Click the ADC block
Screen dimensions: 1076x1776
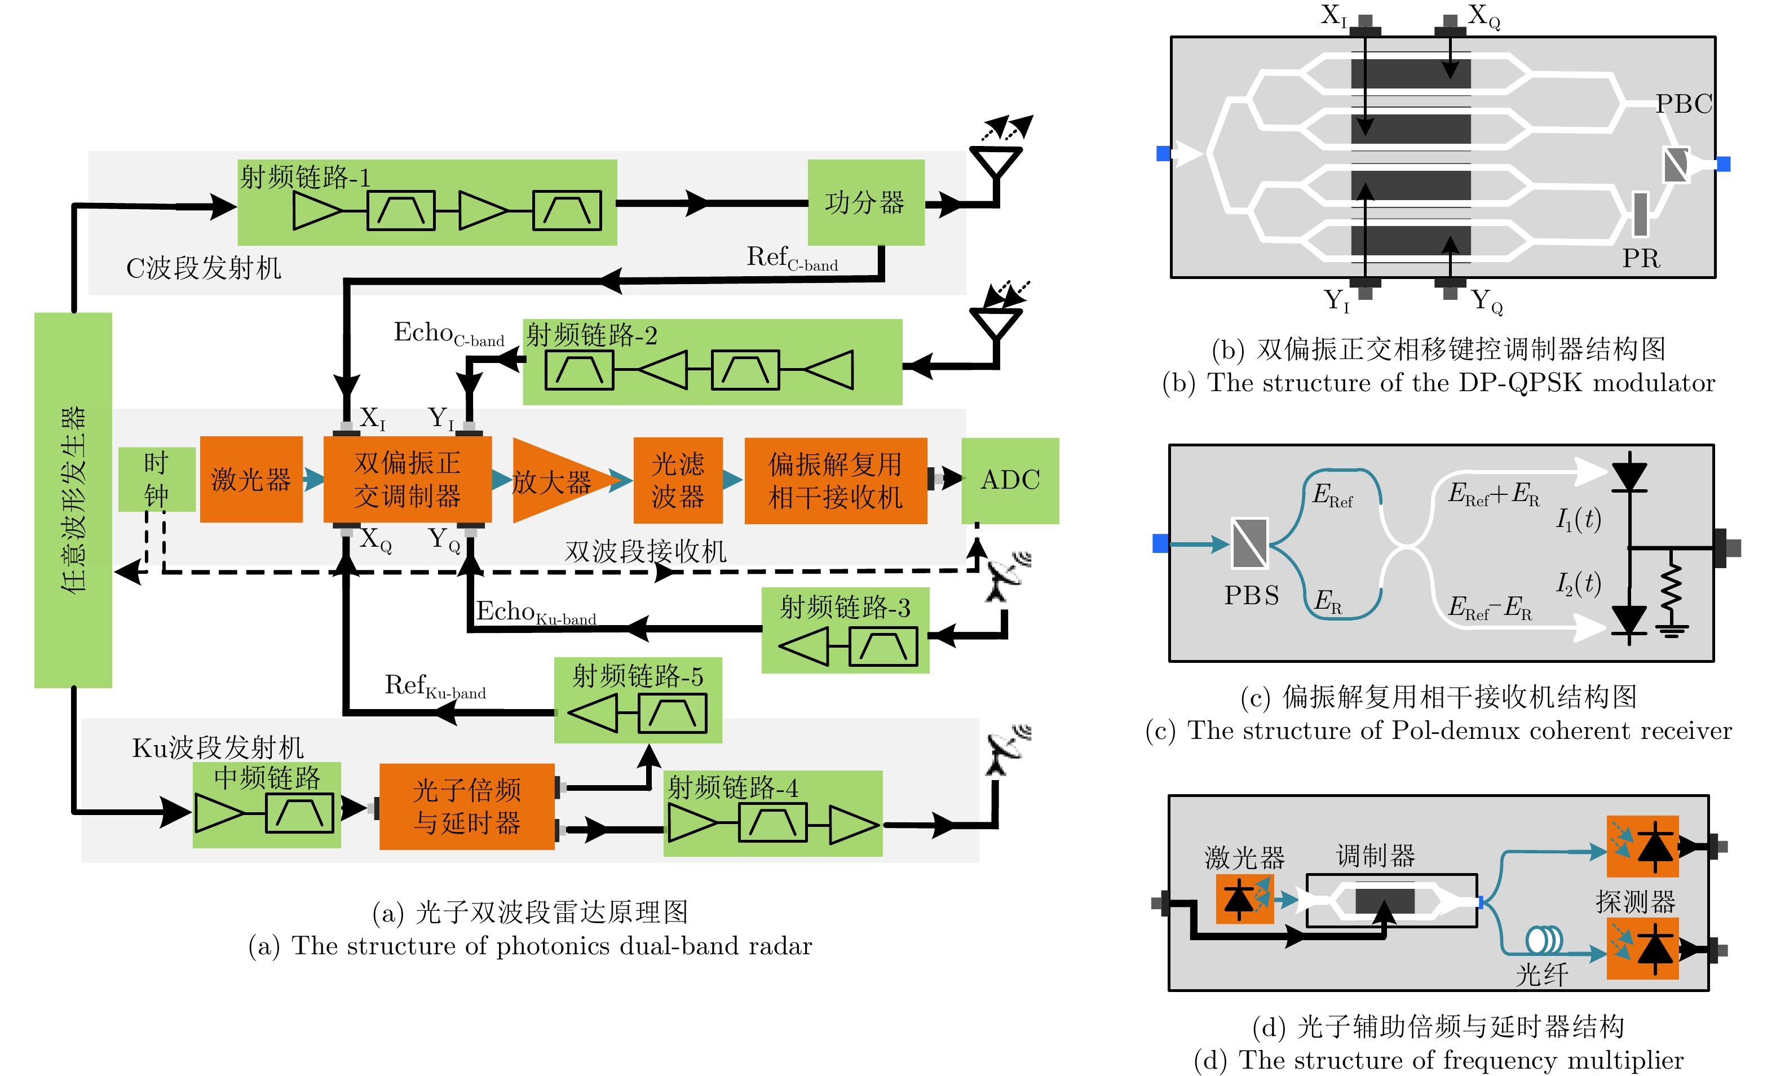click(x=1010, y=480)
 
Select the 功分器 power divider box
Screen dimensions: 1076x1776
click(x=865, y=202)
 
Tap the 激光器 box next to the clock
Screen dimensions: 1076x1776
click(x=251, y=479)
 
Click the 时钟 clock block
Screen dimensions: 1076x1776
click(x=156, y=479)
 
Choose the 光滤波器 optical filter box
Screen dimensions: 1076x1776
click(x=678, y=480)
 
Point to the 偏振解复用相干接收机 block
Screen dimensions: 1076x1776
click(x=836, y=481)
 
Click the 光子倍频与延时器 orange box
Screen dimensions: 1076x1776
click(x=467, y=807)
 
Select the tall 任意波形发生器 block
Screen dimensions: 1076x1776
click(x=73, y=499)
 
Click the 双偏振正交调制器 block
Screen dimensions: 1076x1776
click(x=407, y=479)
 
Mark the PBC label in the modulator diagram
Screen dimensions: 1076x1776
click(x=1683, y=104)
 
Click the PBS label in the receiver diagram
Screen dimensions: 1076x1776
click(x=1251, y=595)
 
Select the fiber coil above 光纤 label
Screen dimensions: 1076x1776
click(x=1544, y=940)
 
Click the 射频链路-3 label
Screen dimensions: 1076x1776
click(x=845, y=608)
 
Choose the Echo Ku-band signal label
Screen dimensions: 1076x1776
click(x=536, y=612)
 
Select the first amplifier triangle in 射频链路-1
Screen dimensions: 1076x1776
click(x=316, y=211)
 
